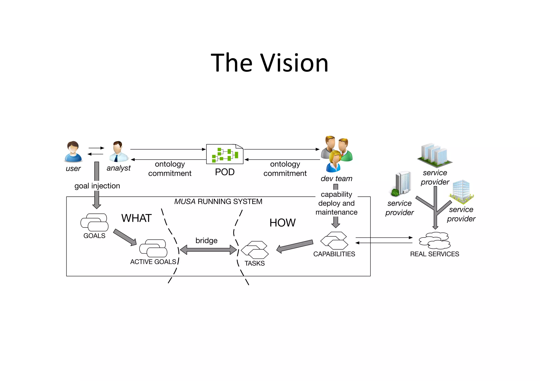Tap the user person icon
tap(73, 152)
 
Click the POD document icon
tap(225, 154)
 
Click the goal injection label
tap(97, 186)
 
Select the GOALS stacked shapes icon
tap(94, 222)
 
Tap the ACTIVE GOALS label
tap(153, 262)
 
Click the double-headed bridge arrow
tap(208, 250)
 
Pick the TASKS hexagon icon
tap(255, 250)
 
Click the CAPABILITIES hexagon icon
tap(334, 240)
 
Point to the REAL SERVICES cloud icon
tap(435, 241)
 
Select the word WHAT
tap(136, 218)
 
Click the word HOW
tap(282, 223)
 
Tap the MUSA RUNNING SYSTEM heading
tap(218, 202)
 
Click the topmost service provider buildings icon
tap(435, 155)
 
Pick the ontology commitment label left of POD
tap(170, 169)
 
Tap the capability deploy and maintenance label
tap(336, 203)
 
